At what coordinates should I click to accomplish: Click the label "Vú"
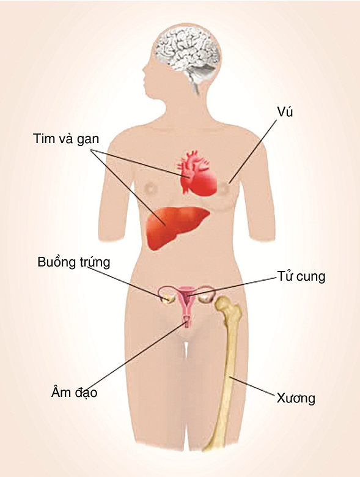click(285, 113)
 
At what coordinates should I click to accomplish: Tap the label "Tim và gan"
click(66, 139)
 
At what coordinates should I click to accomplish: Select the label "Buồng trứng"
click(74, 262)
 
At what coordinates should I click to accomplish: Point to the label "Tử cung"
click(301, 276)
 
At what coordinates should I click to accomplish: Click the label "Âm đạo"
click(75, 392)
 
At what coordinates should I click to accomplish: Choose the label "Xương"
click(296, 398)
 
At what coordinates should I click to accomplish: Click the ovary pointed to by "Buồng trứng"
click(167, 298)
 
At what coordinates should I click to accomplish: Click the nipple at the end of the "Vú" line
click(224, 188)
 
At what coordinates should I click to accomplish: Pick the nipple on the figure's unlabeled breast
click(152, 188)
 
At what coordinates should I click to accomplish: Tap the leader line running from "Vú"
click(253, 151)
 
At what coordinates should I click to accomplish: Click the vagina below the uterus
click(187, 322)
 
